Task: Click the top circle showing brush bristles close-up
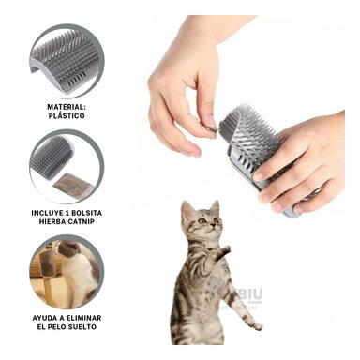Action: pyautogui.click(x=67, y=62)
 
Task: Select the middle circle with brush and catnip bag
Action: pyautogui.click(x=67, y=167)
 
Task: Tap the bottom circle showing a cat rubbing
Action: pyautogui.click(x=67, y=273)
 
